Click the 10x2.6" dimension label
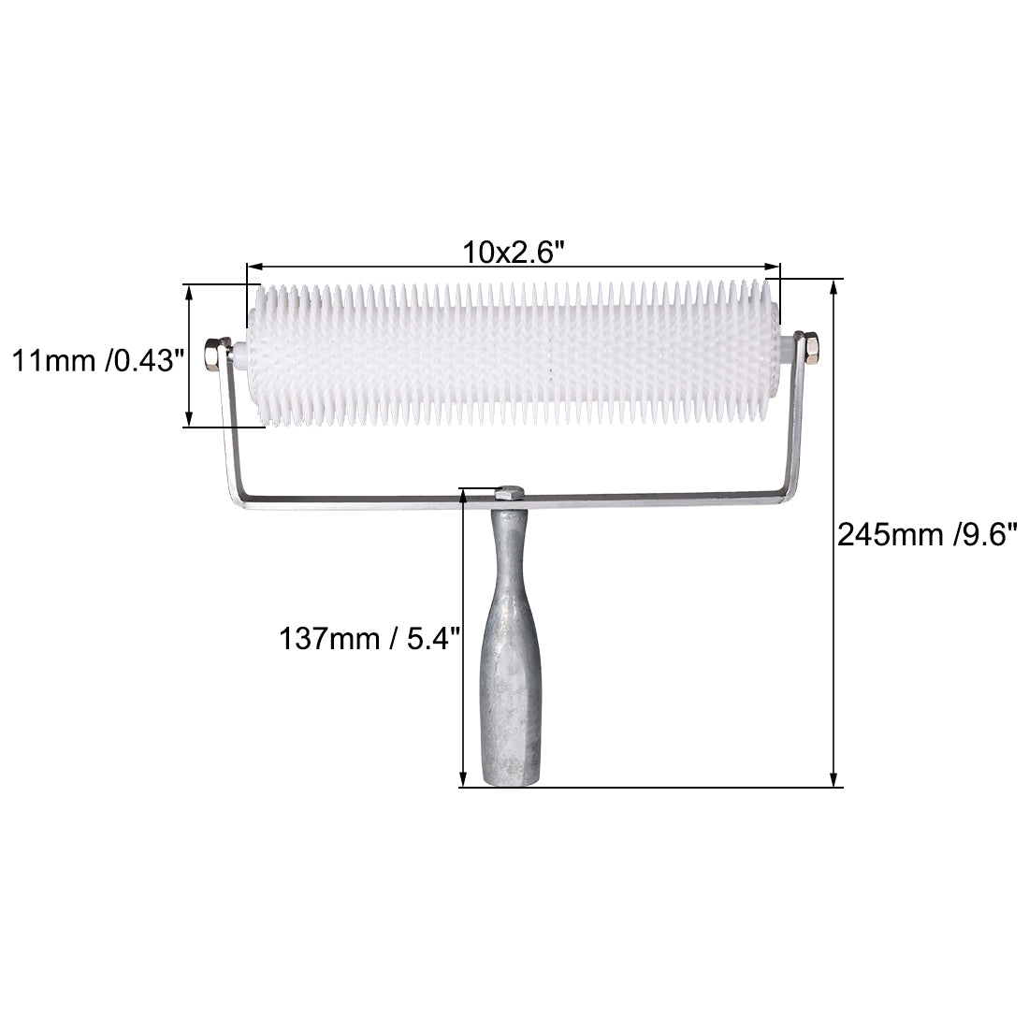click(514, 252)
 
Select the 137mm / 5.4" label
click(370, 638)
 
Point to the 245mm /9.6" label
click(927, 535)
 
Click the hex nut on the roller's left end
click(214, 355)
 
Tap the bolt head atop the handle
click(511, 494)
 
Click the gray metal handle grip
click(512, 646)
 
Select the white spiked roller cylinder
click(514, 354)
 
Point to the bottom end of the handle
click(511, 781)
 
